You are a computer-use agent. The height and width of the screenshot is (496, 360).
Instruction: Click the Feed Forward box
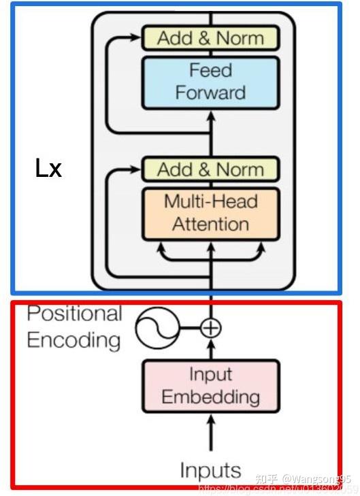coord(210,82)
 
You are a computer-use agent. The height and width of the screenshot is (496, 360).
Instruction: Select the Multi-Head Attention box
coord(210,213)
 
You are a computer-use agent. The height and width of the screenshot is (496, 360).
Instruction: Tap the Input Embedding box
coord(210,385)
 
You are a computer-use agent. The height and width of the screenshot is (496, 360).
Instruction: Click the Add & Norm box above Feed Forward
coord(210,38)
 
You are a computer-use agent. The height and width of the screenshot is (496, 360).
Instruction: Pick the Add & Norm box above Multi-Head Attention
coord(210,169)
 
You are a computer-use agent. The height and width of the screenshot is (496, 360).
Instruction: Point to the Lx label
coord(48,168)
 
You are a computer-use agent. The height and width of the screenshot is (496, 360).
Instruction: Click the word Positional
coord(74,314)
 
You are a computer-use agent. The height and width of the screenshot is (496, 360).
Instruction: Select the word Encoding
coord(73,340)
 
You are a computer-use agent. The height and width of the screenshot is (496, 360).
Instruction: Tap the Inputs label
coord(210,469)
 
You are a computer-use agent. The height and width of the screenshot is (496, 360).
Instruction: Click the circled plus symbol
coord(211,329)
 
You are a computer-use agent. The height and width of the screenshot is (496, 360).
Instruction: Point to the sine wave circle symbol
coord(157,329)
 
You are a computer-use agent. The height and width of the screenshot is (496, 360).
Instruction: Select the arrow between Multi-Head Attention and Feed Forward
coord(211,133)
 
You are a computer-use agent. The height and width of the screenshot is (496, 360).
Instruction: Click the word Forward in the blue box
coord(210,93)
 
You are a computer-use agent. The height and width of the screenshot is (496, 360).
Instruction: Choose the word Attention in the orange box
coord(210,224)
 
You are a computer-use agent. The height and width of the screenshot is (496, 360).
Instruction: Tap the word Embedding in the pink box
coord(210,396)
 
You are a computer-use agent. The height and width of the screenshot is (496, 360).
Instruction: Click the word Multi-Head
coord(210,201)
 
